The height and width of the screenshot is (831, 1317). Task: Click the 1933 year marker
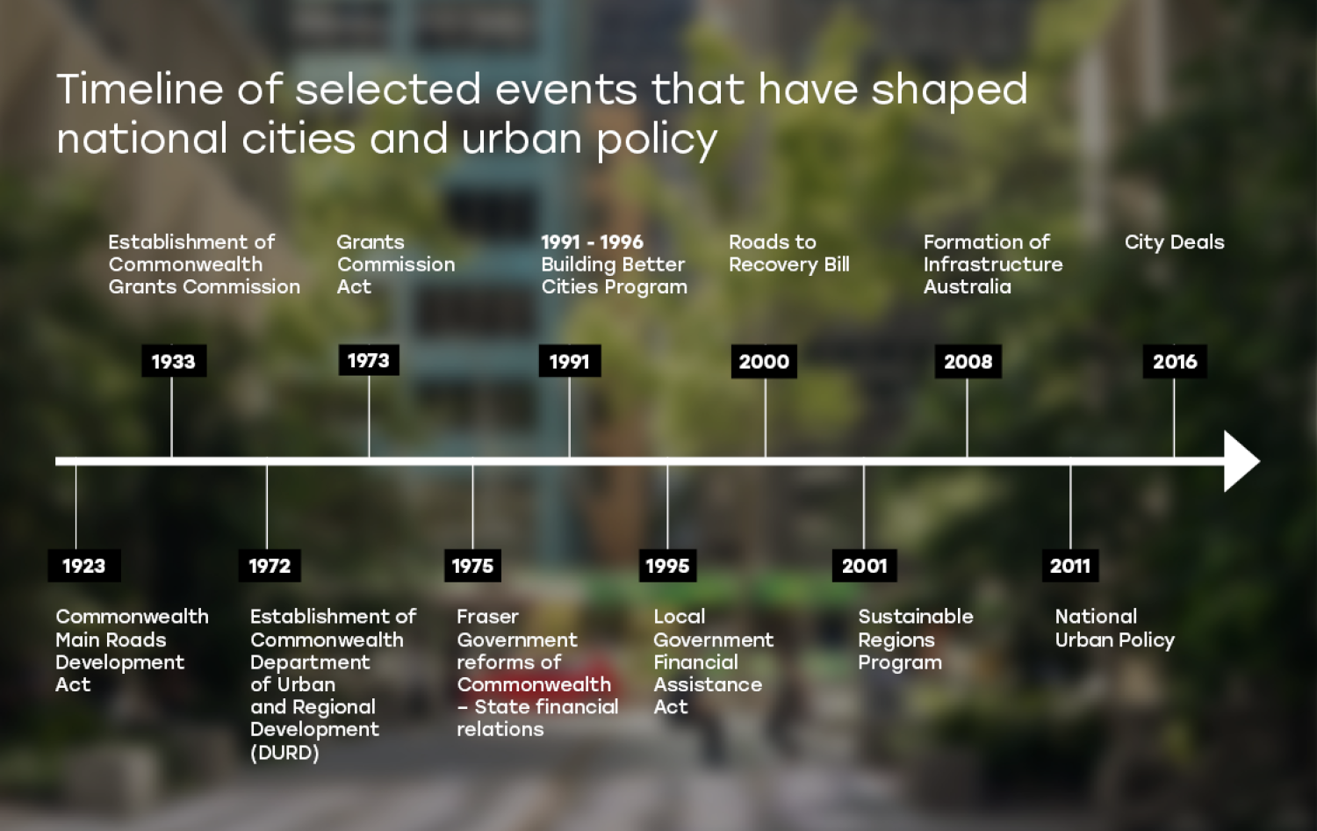click(x=174, y=361)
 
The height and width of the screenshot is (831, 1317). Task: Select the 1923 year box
click(x=84, y=566)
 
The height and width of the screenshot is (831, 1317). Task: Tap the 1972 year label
click(x=270, y=566)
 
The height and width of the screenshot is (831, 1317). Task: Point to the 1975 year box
click(x=472, y=566)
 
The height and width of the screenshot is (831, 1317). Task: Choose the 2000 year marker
click(x=764, y=361)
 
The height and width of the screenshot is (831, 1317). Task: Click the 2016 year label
click(x=1175, y=361)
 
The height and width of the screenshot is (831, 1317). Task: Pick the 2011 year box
click(x=1070, y=566)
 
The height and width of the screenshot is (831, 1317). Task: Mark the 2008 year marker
click(x=968, y=361)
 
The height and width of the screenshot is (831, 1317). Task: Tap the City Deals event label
click(x=1174, y=242)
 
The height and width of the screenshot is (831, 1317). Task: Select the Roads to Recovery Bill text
click(x=788, y=253)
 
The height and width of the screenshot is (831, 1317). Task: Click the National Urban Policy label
click(x=1114, y=628)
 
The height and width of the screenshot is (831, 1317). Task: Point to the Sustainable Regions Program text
click(x=915, y=640)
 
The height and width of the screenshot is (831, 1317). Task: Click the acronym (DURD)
click(x=284, y=753)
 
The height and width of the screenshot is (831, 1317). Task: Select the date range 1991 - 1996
click(x=592, y=242)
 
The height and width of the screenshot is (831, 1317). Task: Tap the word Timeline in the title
click(x=140, y=90)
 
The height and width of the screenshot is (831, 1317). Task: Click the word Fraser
click(x=487, y=617)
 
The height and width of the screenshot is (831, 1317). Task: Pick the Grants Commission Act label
click(x=395, y=264)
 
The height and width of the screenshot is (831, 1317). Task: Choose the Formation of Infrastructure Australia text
click(x=992, y=264)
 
